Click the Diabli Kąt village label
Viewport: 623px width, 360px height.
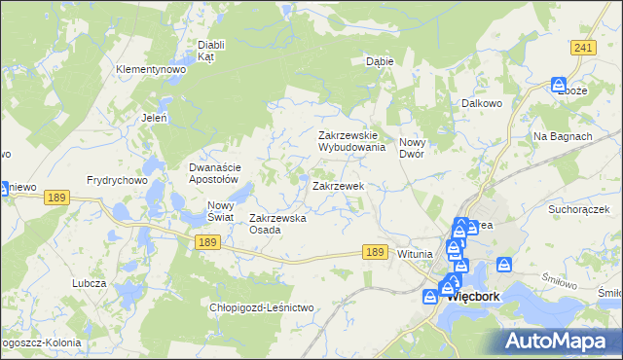click(x=211, y=51)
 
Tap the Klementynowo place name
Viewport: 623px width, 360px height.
click(x=150, y=70)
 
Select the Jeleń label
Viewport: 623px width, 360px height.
click(x=155, y=118)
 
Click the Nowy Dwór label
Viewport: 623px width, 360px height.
click(x=419, y=149)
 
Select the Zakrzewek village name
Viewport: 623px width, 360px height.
click(x=338, y=185)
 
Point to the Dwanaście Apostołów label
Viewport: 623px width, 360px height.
click(x=213, y=173)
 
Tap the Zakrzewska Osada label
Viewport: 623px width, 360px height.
click(x=278, y=224)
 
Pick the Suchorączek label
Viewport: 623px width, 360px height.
click(x=578, y=209)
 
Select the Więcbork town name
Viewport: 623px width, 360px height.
click(x=474, y=298)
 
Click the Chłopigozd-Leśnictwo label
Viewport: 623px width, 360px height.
click(x=262, y=307)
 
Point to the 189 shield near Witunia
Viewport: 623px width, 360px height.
click(x=376, y=251)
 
